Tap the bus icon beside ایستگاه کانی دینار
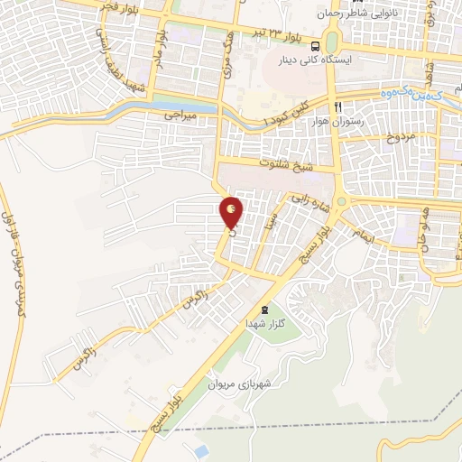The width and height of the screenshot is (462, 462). (x=315, y=47)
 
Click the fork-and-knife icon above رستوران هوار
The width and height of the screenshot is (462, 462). (x=337, y=106)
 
